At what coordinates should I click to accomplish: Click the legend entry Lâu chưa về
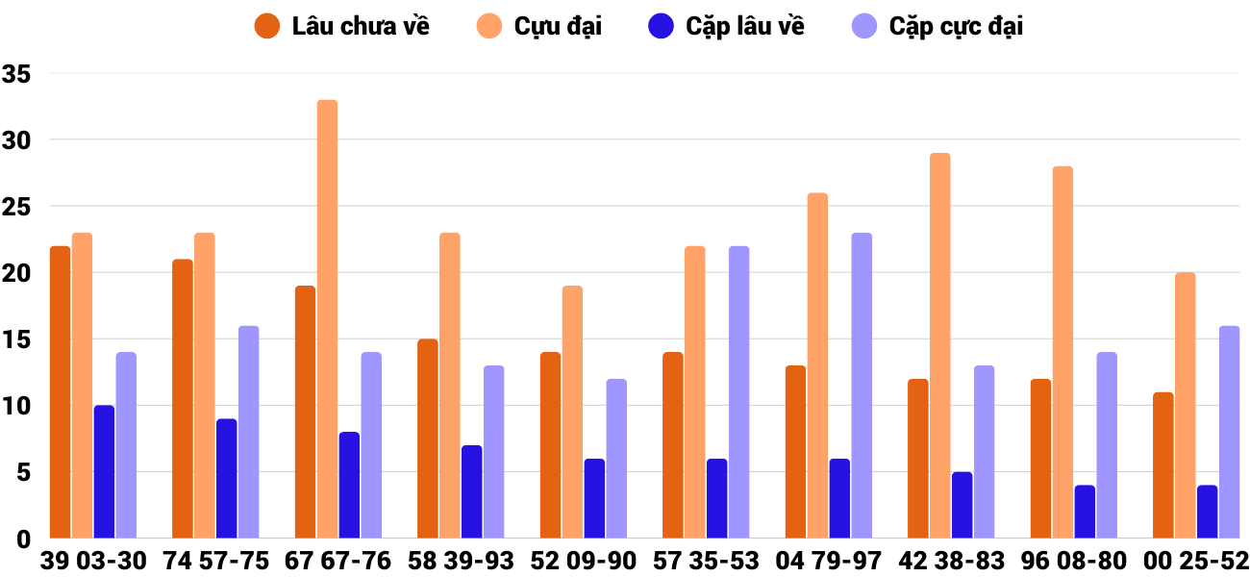click(x=341, y=26)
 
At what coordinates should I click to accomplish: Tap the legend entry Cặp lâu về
click(x=726, y=26)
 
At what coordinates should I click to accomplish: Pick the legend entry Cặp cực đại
click(x=937, y=26)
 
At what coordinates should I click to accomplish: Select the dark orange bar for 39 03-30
click(x=60, y=392)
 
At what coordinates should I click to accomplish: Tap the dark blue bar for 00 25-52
click(x=1207, y=512)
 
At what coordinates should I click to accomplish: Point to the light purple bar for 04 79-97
click(x=862, y=386)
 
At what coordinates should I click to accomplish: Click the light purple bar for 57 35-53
click(x=738, y=392)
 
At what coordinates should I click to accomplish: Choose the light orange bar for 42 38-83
click(x=939, y=346)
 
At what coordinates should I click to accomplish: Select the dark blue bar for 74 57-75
click(x=226, y=479)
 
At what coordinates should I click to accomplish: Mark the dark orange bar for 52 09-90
click(x=550, y=445)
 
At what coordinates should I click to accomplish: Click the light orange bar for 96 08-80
click(x=1062, y=352)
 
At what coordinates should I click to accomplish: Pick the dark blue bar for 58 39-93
click(x=471, y=491)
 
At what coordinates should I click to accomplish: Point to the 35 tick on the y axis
click(x=17, y=74)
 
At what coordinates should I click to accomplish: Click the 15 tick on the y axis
click(x=17, y=339)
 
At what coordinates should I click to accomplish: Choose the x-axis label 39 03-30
click(x=93, y=561)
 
